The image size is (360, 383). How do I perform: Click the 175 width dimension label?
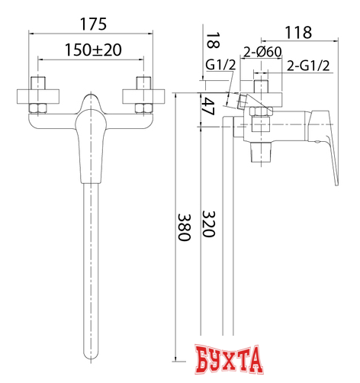pos(93,24)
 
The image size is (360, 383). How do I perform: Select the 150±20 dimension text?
pos(93,50)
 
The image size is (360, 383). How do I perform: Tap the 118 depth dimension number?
pos(298,32)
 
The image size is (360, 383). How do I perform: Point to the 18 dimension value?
pos(213,40)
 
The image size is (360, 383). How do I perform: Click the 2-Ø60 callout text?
pos(262,52)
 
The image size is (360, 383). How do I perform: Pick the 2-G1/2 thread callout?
pos(308,66)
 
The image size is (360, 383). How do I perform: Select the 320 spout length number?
pos(209,224)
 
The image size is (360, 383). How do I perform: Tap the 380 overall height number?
pos(184,227)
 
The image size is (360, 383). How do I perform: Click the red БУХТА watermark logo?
pos(229,359)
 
